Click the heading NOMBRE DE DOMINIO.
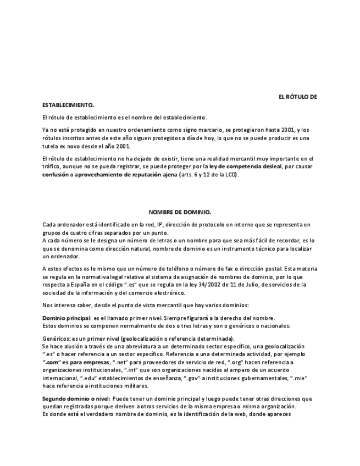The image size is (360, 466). coord(180,212)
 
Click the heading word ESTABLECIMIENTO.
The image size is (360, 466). coord(68,104)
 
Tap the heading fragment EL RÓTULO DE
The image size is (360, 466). coord(298,97)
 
